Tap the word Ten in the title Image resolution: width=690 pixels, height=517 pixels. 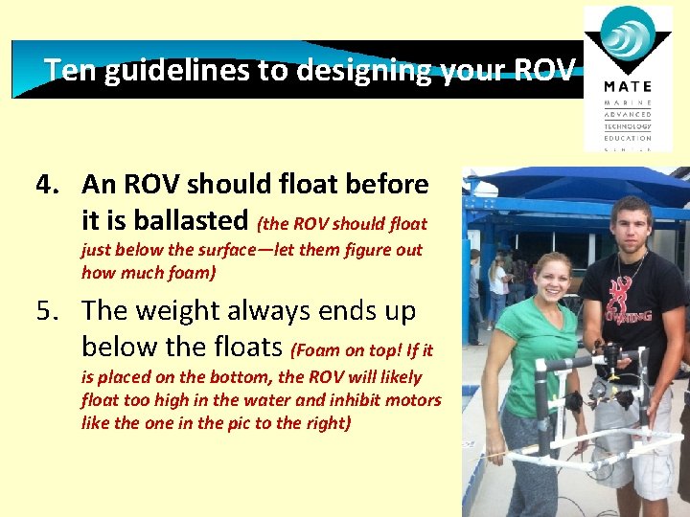[x=66, y=70]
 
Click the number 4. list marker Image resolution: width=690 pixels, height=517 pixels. [x=49, y=183]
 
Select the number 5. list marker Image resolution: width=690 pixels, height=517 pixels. [x=49, y=311]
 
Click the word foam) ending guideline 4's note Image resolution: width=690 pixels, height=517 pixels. [x=191, y=273]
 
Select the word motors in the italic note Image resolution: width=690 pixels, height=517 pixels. [x=409, y=400]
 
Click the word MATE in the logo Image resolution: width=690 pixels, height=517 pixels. [x=628, y=87]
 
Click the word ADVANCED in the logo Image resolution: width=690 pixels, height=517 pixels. [x=628, y=114]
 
